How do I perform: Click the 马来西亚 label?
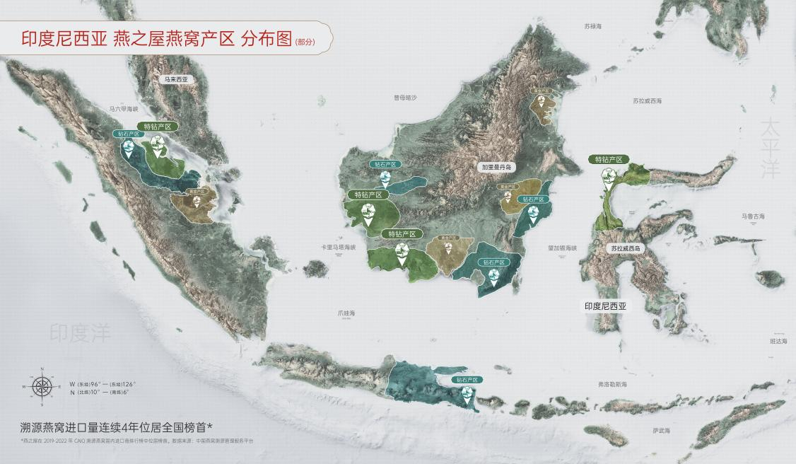pyautogui.click(x=176, y=80)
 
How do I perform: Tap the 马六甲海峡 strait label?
pyautogui.click(x=124, y=109)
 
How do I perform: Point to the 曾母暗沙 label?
pyautogui.click(x=406, y=98)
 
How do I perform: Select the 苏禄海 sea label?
pyautogui.click(x=592, y=26)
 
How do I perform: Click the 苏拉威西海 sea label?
pyautogui.click(x=647, y=101)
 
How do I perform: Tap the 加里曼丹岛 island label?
pyautogui.click(x=497, y=168)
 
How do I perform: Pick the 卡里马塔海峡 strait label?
pyautogui.click(x=338, y=247)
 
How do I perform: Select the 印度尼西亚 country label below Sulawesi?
pyautogui.click(x=606, y=306)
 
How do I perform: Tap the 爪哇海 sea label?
pyautogui.click(x=346, y=313)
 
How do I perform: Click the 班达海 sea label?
pyautogui.click(x=778, y=341)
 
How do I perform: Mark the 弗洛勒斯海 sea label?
pyautogui.click(x=611, y=384)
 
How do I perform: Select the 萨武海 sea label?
pyautogui.click(x=661, y=430)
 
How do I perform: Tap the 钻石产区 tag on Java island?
pyautogui.click(x=467, y=380)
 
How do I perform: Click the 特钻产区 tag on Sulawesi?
pyautogui.click(x=609, y=160)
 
